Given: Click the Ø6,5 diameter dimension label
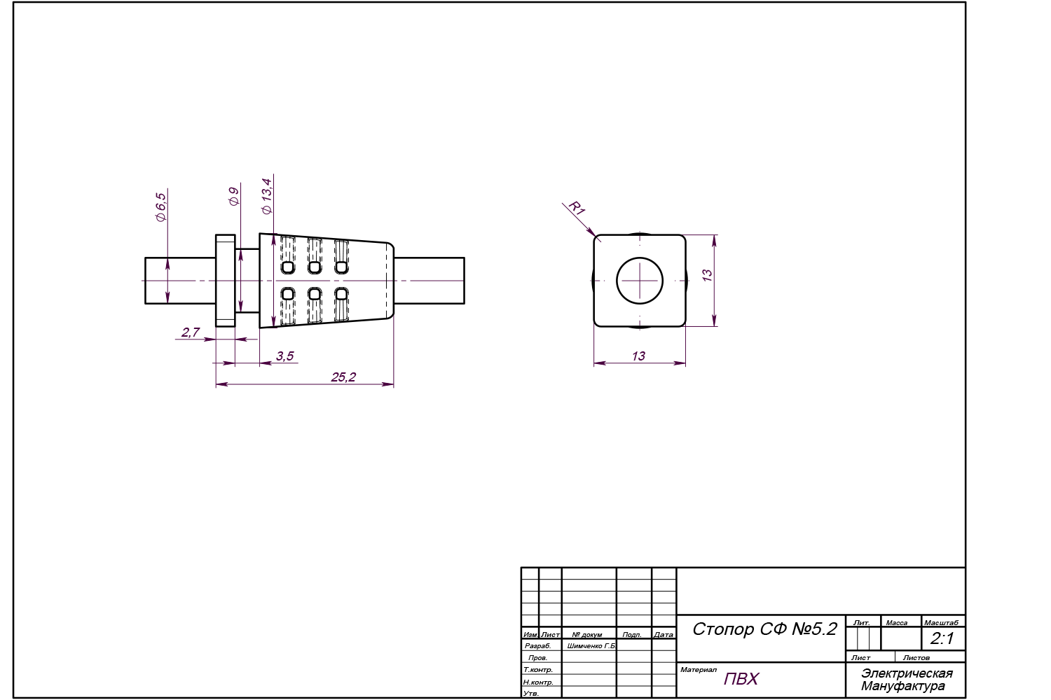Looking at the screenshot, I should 160,207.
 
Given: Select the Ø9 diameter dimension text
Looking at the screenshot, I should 234,197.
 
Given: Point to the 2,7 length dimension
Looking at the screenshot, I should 191,332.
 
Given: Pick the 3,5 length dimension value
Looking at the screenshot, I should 284,356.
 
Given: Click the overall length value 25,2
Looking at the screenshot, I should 343,377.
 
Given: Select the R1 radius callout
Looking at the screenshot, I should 576,208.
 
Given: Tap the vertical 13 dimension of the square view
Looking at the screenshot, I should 707,276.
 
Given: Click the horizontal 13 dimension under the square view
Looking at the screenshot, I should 638,356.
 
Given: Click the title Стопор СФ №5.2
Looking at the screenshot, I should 764,629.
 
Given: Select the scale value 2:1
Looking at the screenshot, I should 942,638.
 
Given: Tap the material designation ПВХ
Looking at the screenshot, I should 741,679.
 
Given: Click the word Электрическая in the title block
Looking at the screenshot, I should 907,673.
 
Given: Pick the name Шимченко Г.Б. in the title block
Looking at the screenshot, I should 591,646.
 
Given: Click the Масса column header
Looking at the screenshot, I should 896,622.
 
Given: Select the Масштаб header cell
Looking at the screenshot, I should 941,622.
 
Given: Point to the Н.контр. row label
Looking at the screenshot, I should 538,682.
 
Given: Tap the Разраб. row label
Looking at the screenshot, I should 538,646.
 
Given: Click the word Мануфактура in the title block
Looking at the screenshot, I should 903,686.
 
